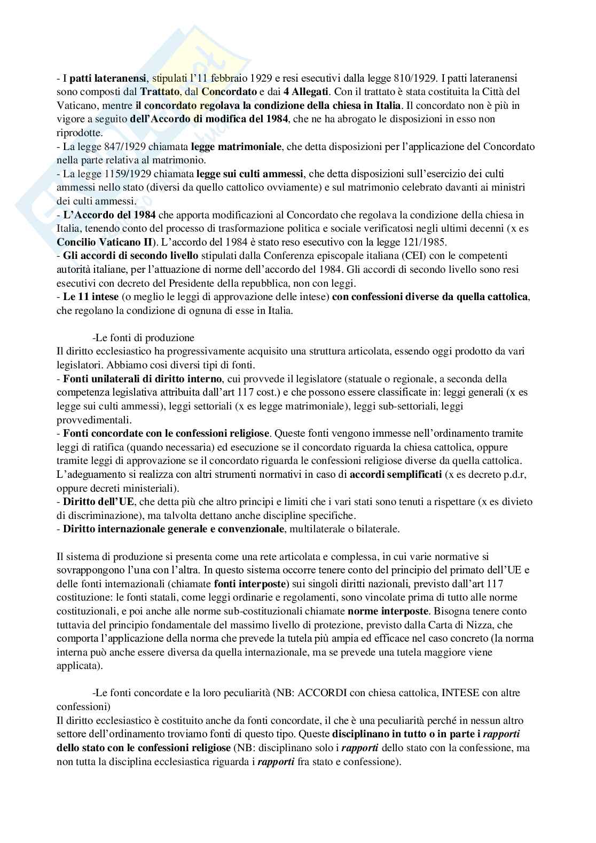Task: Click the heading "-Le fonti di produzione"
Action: [x=143, y=338]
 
